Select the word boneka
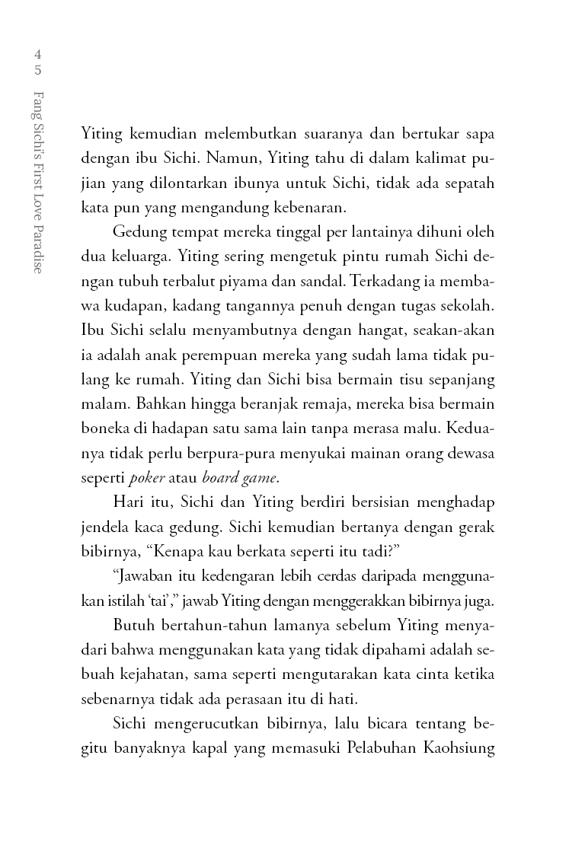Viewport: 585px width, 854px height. pyautogui.click(x=102, y=432)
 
